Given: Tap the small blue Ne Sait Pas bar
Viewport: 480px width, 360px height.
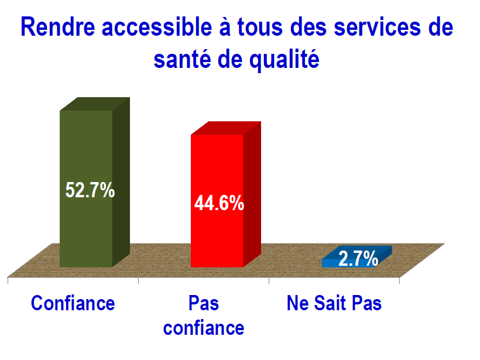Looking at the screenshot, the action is point(356,257).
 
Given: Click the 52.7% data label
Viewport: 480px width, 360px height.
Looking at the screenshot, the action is point(90,190).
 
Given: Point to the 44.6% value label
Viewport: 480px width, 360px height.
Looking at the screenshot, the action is point(219,203).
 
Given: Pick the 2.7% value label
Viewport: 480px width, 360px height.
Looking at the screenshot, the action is point(358,259).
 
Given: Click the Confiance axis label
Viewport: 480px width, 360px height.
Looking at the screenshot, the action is point(73,303).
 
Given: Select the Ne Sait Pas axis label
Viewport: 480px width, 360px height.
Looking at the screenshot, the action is point(334,303).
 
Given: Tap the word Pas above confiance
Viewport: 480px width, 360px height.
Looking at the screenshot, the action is point(204,303).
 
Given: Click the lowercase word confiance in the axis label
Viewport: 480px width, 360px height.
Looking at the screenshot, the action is point(204,328).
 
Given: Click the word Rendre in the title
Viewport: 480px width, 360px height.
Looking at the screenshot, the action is point(58,27).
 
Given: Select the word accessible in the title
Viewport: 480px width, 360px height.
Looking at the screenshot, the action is point(157,27).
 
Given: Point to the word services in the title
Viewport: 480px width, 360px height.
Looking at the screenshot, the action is point(378,27).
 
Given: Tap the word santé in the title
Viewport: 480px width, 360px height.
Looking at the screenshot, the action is point(182,59).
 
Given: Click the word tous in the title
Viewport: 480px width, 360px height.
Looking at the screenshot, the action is point(260,27).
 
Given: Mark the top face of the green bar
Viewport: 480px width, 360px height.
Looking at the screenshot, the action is point(95,104).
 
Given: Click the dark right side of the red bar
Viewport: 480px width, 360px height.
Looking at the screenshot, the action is point(252,194).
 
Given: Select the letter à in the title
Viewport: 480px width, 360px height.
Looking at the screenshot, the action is point(225,27).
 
